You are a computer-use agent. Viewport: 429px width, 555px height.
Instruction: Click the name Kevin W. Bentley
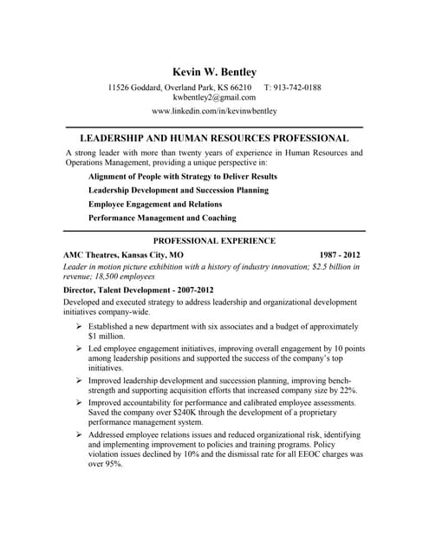pyautogui.click(x=214, y=71)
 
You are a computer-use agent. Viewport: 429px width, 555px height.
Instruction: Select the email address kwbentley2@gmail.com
pyautogui.click(x=214, y=98)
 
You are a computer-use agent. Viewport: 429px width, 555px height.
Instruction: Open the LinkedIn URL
pyautogui.click(x=214, y=112)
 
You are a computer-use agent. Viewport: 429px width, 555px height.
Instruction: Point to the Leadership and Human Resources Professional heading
pyautogui.click(x=214, y=138)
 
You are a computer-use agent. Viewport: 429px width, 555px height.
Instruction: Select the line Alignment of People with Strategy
pyautogui.click(x=182, y=176)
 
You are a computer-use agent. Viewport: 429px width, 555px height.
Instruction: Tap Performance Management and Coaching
pyautogui.click(x=162, y=218)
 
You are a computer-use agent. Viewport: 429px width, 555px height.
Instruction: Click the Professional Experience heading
pyautogui.click(x=214, y=240)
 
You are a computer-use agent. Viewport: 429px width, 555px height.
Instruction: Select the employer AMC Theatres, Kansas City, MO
pyautogui.click(x=123, y=256)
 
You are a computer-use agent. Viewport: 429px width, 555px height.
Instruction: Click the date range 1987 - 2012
pyautogui.click(x=340, y=256)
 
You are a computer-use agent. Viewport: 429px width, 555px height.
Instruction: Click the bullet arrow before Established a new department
pyautogui.click(x=78, y=326)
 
